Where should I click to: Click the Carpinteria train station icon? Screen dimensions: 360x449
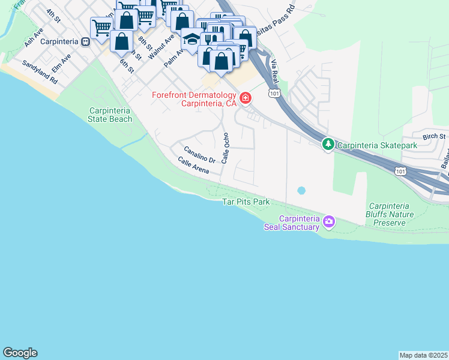(x=86, y=42)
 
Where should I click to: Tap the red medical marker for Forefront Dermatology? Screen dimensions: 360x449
(x=245, y=98)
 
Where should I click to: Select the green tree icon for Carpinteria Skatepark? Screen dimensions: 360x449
(x=328, y=145)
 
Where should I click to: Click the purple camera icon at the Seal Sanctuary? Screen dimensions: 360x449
(x=328, y=222)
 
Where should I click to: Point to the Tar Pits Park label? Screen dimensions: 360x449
(x=246, y=202)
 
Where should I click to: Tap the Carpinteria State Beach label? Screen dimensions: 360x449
(x=110, y=115)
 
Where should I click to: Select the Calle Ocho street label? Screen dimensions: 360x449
(x=226, y=148)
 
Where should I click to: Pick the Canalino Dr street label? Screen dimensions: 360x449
(x=199, y=155)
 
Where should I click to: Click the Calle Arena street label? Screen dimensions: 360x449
(x=193, y=166)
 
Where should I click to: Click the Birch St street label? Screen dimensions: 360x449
(x=433, y=136)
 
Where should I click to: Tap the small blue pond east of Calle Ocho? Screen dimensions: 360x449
(x=301, y=190)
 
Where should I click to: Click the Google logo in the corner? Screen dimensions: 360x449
(x=20, y=353)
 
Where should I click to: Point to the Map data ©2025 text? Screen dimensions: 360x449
(x=423, y=355)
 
